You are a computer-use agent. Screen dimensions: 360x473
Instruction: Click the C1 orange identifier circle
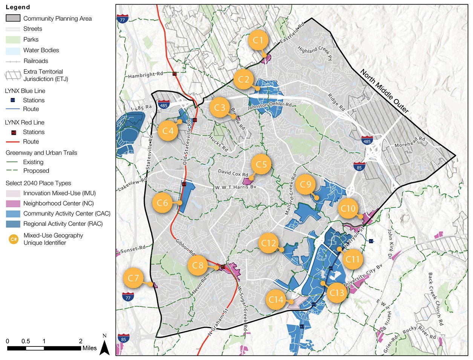pyautogui.click(x=258, y=40)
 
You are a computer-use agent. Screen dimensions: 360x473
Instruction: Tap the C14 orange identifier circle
pyautogui.click(x=276, y=300)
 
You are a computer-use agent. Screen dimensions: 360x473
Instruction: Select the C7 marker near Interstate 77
pyautogui.click(x=133, y=278)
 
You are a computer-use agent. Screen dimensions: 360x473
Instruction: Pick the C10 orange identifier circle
pyautogui.click(x=348, y=209)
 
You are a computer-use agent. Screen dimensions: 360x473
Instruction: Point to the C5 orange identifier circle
pyautogui.click(x=261, y=165)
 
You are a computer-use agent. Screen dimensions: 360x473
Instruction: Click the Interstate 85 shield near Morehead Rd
pyautogui.click(x=359, y=167)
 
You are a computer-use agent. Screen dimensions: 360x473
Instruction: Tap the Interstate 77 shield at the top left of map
pyautogui.click(x=122, y=19)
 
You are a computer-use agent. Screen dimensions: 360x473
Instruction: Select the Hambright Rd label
pyautogui.click(x=145, y=75)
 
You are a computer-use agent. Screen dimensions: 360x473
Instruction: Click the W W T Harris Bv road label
pyautogui.click(x=236, y=187)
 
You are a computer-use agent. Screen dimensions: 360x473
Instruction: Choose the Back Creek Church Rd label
pyautogui.click(x=435, y=299)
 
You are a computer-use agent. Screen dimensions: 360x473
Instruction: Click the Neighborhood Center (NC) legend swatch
pyautogui.click(x=13, y=203)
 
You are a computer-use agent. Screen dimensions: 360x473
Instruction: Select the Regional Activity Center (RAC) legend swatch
pyautogui.click(x=13, y=224)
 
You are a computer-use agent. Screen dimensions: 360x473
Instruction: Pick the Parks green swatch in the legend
pyautogui.click(x=13, y=40)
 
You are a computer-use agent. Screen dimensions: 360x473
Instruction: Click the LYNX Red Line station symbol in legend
pyautogui.click(x=14, y=132)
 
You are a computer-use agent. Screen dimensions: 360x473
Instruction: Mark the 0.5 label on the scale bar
pyautogui.click(x=26, y=341)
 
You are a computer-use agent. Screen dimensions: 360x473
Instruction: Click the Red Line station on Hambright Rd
pyautogui.click(x=174, y=74)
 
